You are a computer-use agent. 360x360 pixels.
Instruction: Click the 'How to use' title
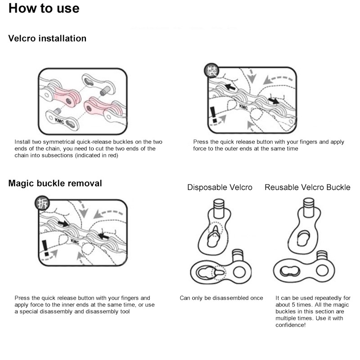click(x=44, y=9)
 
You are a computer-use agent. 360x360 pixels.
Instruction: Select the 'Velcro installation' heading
click(x=47, y=39)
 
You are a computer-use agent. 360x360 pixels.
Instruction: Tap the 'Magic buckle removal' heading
click(x=55, y=184)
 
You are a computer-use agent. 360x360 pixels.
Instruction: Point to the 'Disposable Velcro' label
click(x=220, y=188)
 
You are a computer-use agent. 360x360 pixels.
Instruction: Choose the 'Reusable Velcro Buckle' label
click(x=307, y=188)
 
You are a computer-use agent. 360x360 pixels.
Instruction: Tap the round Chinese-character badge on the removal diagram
click(x=42, y=203)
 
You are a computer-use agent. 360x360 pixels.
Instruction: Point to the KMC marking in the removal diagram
click(x=75, y=242)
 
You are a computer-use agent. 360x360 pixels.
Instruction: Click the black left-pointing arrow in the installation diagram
click(x=230, y=86)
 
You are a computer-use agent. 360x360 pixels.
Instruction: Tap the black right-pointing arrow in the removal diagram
click(x=63, y=223)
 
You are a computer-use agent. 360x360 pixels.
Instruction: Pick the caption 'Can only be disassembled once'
click(x=221, y=298)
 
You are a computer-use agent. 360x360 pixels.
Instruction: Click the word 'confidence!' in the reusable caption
click(x=290, y=324)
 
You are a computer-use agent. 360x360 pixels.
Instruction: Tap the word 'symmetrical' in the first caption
click(x=55, y=142)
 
